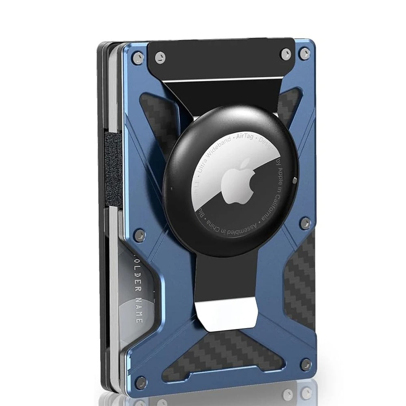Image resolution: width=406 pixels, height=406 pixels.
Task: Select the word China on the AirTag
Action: click(x=213, y=224)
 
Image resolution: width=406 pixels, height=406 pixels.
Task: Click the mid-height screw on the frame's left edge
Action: click(x=140, y=234)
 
